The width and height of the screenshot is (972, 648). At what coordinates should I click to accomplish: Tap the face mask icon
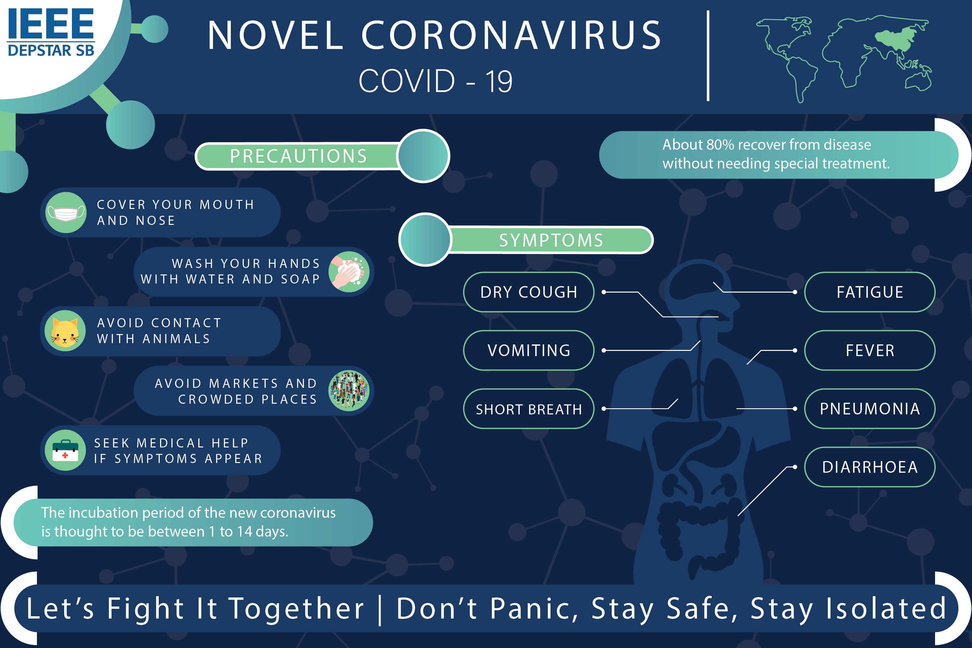pos(66,213)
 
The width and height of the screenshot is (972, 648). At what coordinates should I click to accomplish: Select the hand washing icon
pos(349,272)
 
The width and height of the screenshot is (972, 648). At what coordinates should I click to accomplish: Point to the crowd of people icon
pos(349,390)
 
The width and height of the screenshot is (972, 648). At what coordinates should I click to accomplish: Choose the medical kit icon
pos(65,450)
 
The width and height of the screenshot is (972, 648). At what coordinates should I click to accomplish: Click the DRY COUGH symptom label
pos(528,292)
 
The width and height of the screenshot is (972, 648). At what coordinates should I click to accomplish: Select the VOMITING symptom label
pos(528,351)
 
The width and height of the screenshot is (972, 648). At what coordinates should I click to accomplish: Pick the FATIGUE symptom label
pos(870,292)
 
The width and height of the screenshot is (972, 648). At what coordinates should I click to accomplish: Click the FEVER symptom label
pos(870,351)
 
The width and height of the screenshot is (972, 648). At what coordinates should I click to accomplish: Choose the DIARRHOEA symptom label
pos(870,467)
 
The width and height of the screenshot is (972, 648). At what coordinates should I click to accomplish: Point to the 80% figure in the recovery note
pos(720,145)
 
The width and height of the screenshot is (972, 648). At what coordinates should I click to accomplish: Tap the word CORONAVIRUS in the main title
pos(512,36)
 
